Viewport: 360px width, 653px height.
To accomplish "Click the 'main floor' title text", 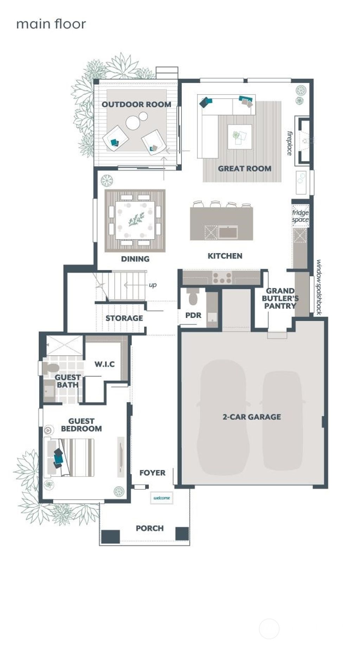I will point(51,24).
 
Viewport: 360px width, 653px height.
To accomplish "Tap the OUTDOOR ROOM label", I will point(136,104).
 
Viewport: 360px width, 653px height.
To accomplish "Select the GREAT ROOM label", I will point(245,168).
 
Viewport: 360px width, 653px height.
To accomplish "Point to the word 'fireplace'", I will point(289,143).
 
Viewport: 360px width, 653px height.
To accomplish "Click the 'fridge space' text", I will point(301,216).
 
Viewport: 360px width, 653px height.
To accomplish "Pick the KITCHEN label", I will point(225,256).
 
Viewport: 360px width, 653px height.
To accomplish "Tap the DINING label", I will point(135,259).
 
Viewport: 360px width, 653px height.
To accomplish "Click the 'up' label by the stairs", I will point(153,285).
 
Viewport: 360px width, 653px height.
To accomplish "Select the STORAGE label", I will point(124,318).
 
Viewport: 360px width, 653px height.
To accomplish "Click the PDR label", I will point(193,315).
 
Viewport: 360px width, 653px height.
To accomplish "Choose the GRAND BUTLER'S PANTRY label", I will point(280,298).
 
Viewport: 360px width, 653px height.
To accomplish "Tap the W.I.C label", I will point(104,364).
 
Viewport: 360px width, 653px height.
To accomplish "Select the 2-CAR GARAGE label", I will point(252,417).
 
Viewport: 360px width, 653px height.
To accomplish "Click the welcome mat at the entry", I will point(162,498).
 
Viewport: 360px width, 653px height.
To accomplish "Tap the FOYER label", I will point(152,473).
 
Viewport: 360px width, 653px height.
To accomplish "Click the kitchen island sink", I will point(228,232).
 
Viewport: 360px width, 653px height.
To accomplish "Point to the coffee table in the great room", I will point(239,136).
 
